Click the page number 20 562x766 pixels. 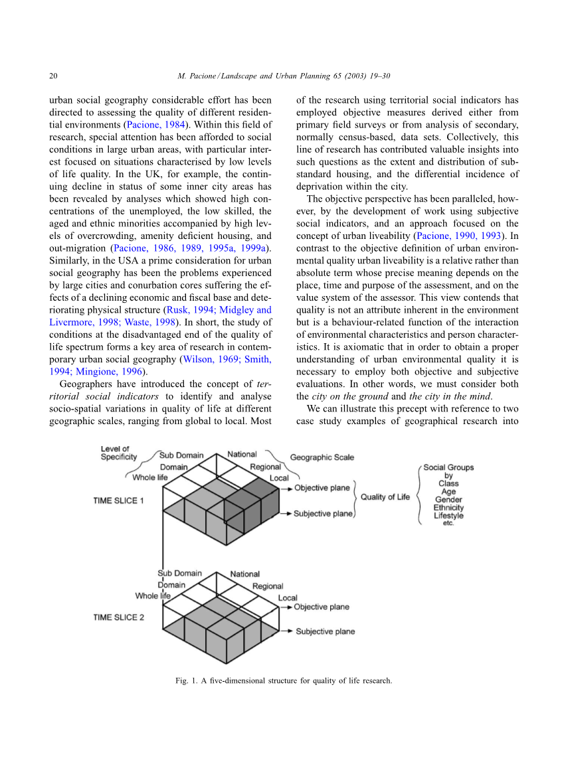54,76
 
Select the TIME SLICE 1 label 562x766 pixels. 119,500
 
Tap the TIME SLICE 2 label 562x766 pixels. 119,617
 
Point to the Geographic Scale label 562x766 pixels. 322,457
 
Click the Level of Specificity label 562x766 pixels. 119,453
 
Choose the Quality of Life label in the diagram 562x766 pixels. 385,497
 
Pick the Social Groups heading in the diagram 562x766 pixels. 449,467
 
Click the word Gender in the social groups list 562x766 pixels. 448,500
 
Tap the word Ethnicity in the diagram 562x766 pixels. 448,508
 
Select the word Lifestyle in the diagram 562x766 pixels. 448,516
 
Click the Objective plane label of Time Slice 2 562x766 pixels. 322,607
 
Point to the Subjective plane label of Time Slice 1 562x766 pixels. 324,514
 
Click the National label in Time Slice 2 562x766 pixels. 245,574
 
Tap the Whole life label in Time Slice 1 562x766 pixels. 150,477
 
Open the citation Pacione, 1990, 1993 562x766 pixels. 458,236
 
